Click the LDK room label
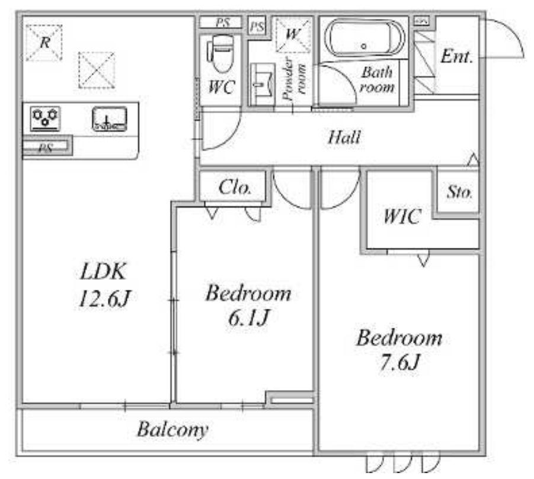[x=104, y=272]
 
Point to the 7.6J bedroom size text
[x=399, y=362]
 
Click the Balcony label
[x=172, y=430]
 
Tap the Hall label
[x=344, y=138]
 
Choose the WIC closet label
[x=402, y=216]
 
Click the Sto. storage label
[x=459, y=192]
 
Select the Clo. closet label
[x=235, y=187]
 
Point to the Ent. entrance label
[x=457, y=56]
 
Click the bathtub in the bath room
[x=364, y=38]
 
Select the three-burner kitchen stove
[x=45, y=119]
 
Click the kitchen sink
[x=110, y=119]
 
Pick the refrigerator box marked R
[x=44, y=43]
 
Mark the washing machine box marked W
[x=293, y=35]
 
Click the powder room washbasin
[x=262, y=84]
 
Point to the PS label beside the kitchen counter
[x=46, y=148]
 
